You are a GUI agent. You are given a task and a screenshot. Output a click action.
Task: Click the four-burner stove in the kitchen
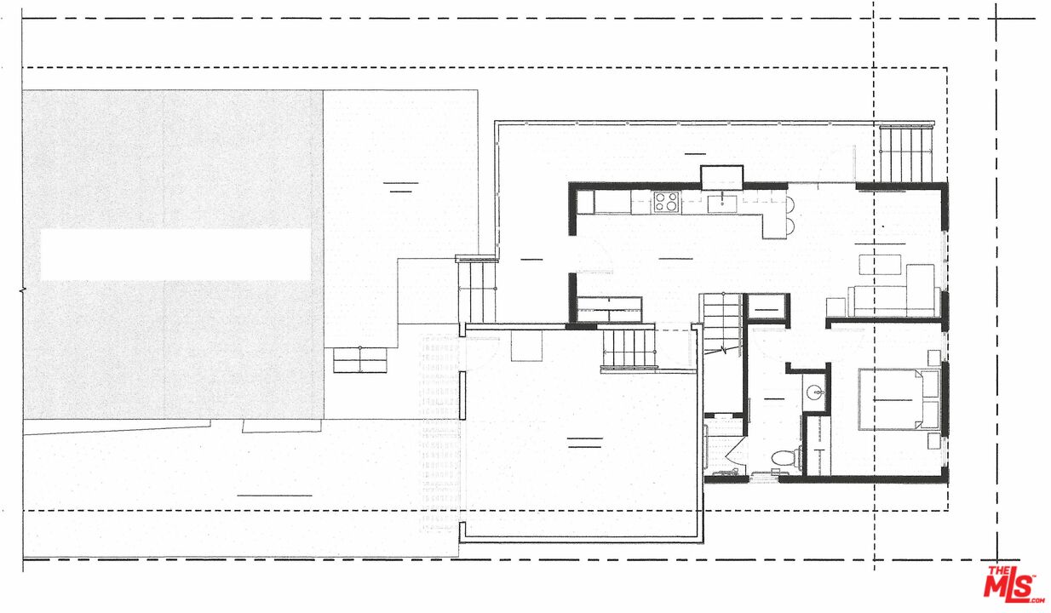coord(666,202)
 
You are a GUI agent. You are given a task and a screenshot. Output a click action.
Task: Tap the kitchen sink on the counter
coord(721,202)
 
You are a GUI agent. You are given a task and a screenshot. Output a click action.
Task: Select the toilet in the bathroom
coord(782,460)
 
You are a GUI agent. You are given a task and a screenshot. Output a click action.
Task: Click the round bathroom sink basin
coord(816,394)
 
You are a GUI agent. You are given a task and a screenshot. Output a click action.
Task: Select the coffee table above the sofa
coord(879,264)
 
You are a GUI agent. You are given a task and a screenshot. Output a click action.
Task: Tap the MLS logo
coord(1014,586)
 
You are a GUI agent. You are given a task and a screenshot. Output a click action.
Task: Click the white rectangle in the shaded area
coord(175,254)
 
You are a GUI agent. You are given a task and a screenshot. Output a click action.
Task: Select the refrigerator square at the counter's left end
coord(585,202)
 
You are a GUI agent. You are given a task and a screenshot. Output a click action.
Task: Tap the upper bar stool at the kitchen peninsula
coord(790,204)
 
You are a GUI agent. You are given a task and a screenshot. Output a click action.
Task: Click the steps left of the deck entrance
coord(477,289)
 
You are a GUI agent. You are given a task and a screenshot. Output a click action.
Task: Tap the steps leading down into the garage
coord(629,348)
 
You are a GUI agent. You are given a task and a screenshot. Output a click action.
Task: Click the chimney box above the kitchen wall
coord(722,177)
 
